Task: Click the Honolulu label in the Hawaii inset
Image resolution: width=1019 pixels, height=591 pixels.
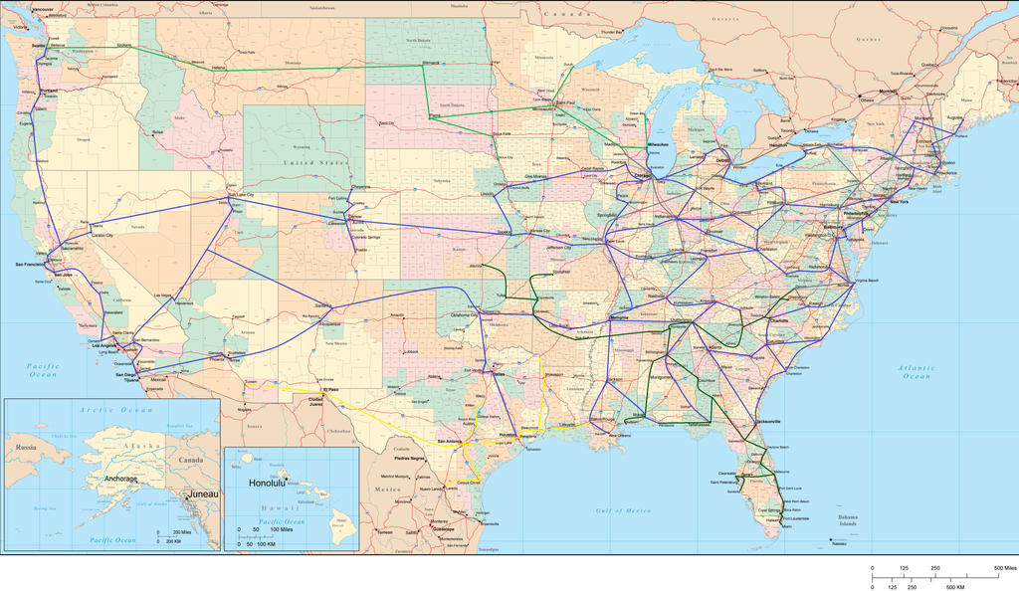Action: point(268,483)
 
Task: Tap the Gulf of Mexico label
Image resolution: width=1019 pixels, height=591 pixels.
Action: point(624,510)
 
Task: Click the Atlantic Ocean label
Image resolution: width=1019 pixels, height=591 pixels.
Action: point(917,372)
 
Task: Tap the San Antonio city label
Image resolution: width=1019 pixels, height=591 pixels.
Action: point(448,441)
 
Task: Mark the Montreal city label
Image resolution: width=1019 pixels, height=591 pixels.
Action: point(890,92)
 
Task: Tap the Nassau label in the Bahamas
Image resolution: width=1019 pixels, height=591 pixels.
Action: point(840,543)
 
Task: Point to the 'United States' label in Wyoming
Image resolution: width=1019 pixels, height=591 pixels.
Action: point(314,162)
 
